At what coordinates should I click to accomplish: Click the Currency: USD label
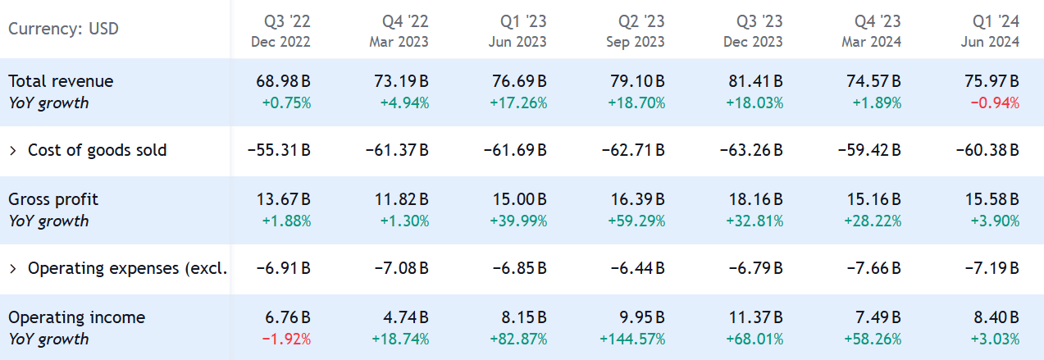tap(63, 30)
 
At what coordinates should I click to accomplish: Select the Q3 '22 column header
tap(286, 21)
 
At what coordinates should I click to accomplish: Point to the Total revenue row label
tap(61, 81)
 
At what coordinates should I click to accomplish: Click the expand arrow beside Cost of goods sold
tap(13, 151)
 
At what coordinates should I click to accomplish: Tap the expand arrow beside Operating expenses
tap(13, 269)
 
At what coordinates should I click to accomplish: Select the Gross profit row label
tap(53, 199)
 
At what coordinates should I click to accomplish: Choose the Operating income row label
tap(76, 317)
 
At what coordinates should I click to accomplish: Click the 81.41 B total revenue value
tap(755, 81)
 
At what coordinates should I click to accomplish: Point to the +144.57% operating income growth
tap(632, 339)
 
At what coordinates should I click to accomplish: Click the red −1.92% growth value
tap(286, 339)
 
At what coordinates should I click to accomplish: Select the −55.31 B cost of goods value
tap(279, 151)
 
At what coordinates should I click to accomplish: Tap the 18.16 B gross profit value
tap(755, 199)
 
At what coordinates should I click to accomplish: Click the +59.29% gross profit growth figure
tap(636, 221)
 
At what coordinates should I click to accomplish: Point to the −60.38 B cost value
tap(987, 151)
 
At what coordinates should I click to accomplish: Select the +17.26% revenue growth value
tap(518, 103)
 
